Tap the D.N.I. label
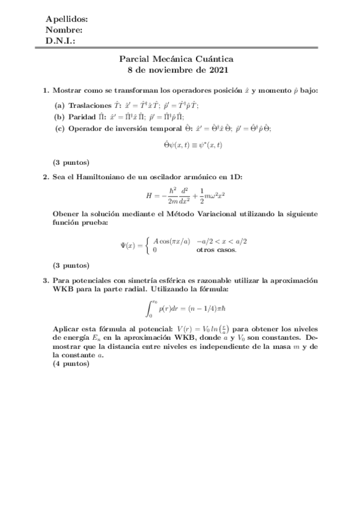point(60,41)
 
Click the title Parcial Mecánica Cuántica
point(180,59)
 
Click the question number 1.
point(45,91)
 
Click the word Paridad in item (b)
point(85,117)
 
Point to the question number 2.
point(45,177)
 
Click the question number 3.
point(45,281)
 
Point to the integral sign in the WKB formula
point(150,309)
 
